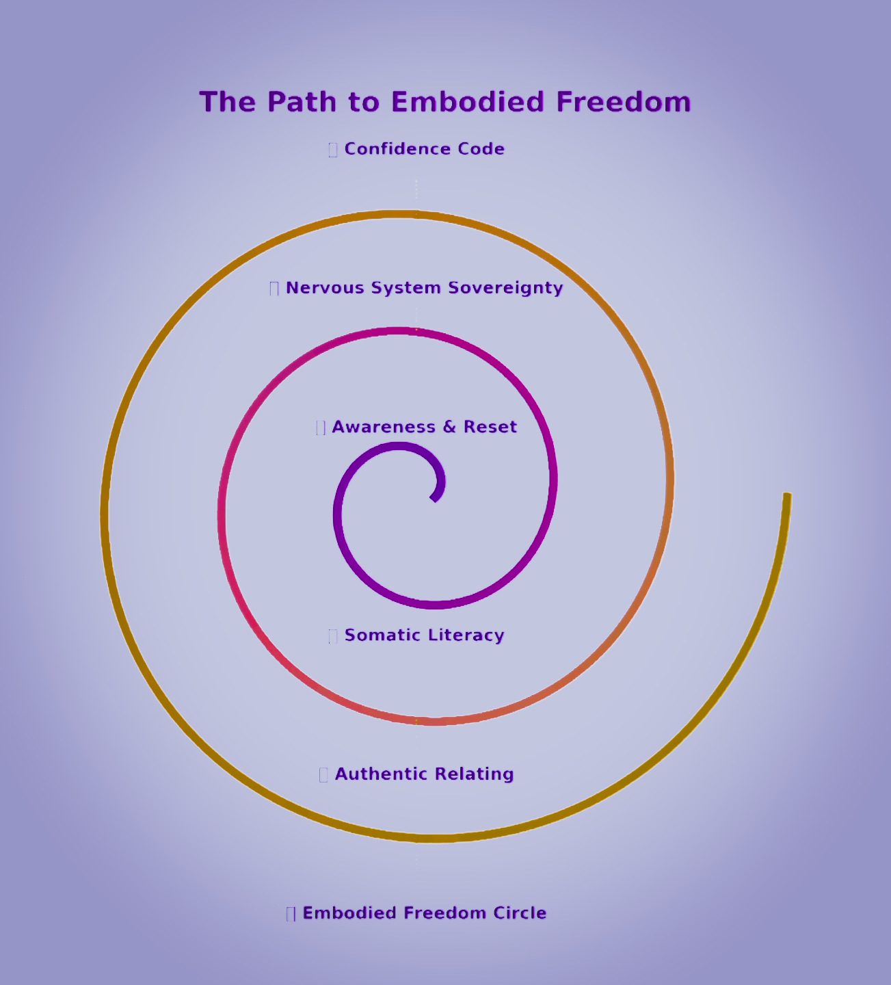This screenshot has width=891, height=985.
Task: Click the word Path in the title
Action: [297, 102]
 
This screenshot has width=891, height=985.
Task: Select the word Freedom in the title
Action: [623, 102]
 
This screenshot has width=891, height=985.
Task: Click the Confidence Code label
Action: [424, 149]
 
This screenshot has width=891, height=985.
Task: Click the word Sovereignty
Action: [505, 288]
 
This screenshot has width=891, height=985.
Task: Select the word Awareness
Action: [384, 427]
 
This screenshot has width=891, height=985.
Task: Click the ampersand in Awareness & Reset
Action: [449, 427]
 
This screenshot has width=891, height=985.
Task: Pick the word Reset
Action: [490, 427]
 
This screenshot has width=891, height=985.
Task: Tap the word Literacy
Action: [465, 635]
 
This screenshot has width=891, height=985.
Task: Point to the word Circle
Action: [519, 913]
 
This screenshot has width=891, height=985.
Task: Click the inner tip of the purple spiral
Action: [434, 499]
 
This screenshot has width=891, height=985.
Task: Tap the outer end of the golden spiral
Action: [787, 495]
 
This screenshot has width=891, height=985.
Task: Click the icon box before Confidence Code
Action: [333, 150]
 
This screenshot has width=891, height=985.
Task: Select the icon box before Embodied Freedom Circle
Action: [291, 914]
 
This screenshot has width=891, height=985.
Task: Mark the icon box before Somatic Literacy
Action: [333, 636]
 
